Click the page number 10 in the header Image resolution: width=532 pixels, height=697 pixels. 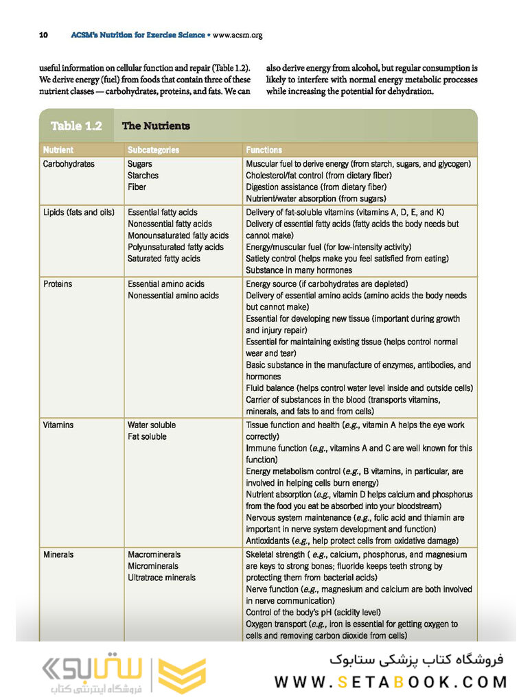click(43, 34)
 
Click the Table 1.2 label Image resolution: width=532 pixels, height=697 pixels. click(76, 126)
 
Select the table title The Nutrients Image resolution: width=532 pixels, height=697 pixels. click(156, 126)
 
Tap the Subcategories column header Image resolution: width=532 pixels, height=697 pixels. click(153, 150)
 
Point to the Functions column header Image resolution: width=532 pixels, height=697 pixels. click(264, 150)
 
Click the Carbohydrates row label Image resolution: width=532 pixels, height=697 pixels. click(69, 164)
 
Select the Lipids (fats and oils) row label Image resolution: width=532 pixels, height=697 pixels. click(78, 213)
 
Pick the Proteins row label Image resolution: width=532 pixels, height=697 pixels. click(58, 284)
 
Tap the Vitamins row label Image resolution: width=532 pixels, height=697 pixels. click(58, 425)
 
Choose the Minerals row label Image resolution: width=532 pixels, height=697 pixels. click(58, 554)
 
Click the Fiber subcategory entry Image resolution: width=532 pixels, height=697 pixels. click(137, 187)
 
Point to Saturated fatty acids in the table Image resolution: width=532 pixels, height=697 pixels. click(164, 259)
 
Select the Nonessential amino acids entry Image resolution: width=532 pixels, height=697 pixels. click(173, 296)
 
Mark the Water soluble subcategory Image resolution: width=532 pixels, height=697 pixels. click(152, 425)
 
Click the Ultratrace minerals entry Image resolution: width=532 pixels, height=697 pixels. click(161, 578)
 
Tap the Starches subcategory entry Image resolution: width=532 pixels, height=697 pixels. click(143, 176)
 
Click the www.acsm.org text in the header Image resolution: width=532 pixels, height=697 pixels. click(238, 34)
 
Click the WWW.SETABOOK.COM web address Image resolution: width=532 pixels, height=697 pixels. click(391, 682)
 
